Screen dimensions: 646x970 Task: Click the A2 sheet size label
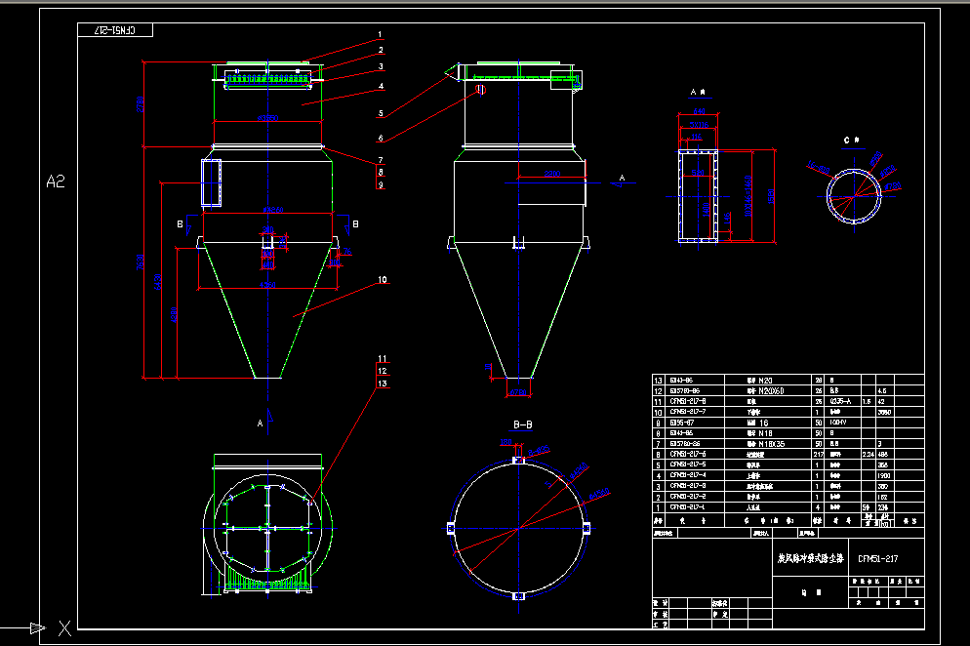(x=55, y=181)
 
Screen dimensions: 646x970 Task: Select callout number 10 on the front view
(x=382, y=280)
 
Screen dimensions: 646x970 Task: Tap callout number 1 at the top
(x=381, y=35)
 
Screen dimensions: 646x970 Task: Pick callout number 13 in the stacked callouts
(x=382, y=384)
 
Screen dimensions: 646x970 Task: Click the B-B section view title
(x=523, y=424)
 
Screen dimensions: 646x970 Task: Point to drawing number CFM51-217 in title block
(x=877, y=558)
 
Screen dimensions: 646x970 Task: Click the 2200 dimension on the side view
(x=551, y=175)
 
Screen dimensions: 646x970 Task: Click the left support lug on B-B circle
(x=449, y=529)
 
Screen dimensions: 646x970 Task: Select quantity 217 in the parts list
(x=819, y=454)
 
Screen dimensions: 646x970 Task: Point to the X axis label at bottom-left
(x=64, y=628)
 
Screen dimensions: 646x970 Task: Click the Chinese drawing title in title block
(x=808, y=559)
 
